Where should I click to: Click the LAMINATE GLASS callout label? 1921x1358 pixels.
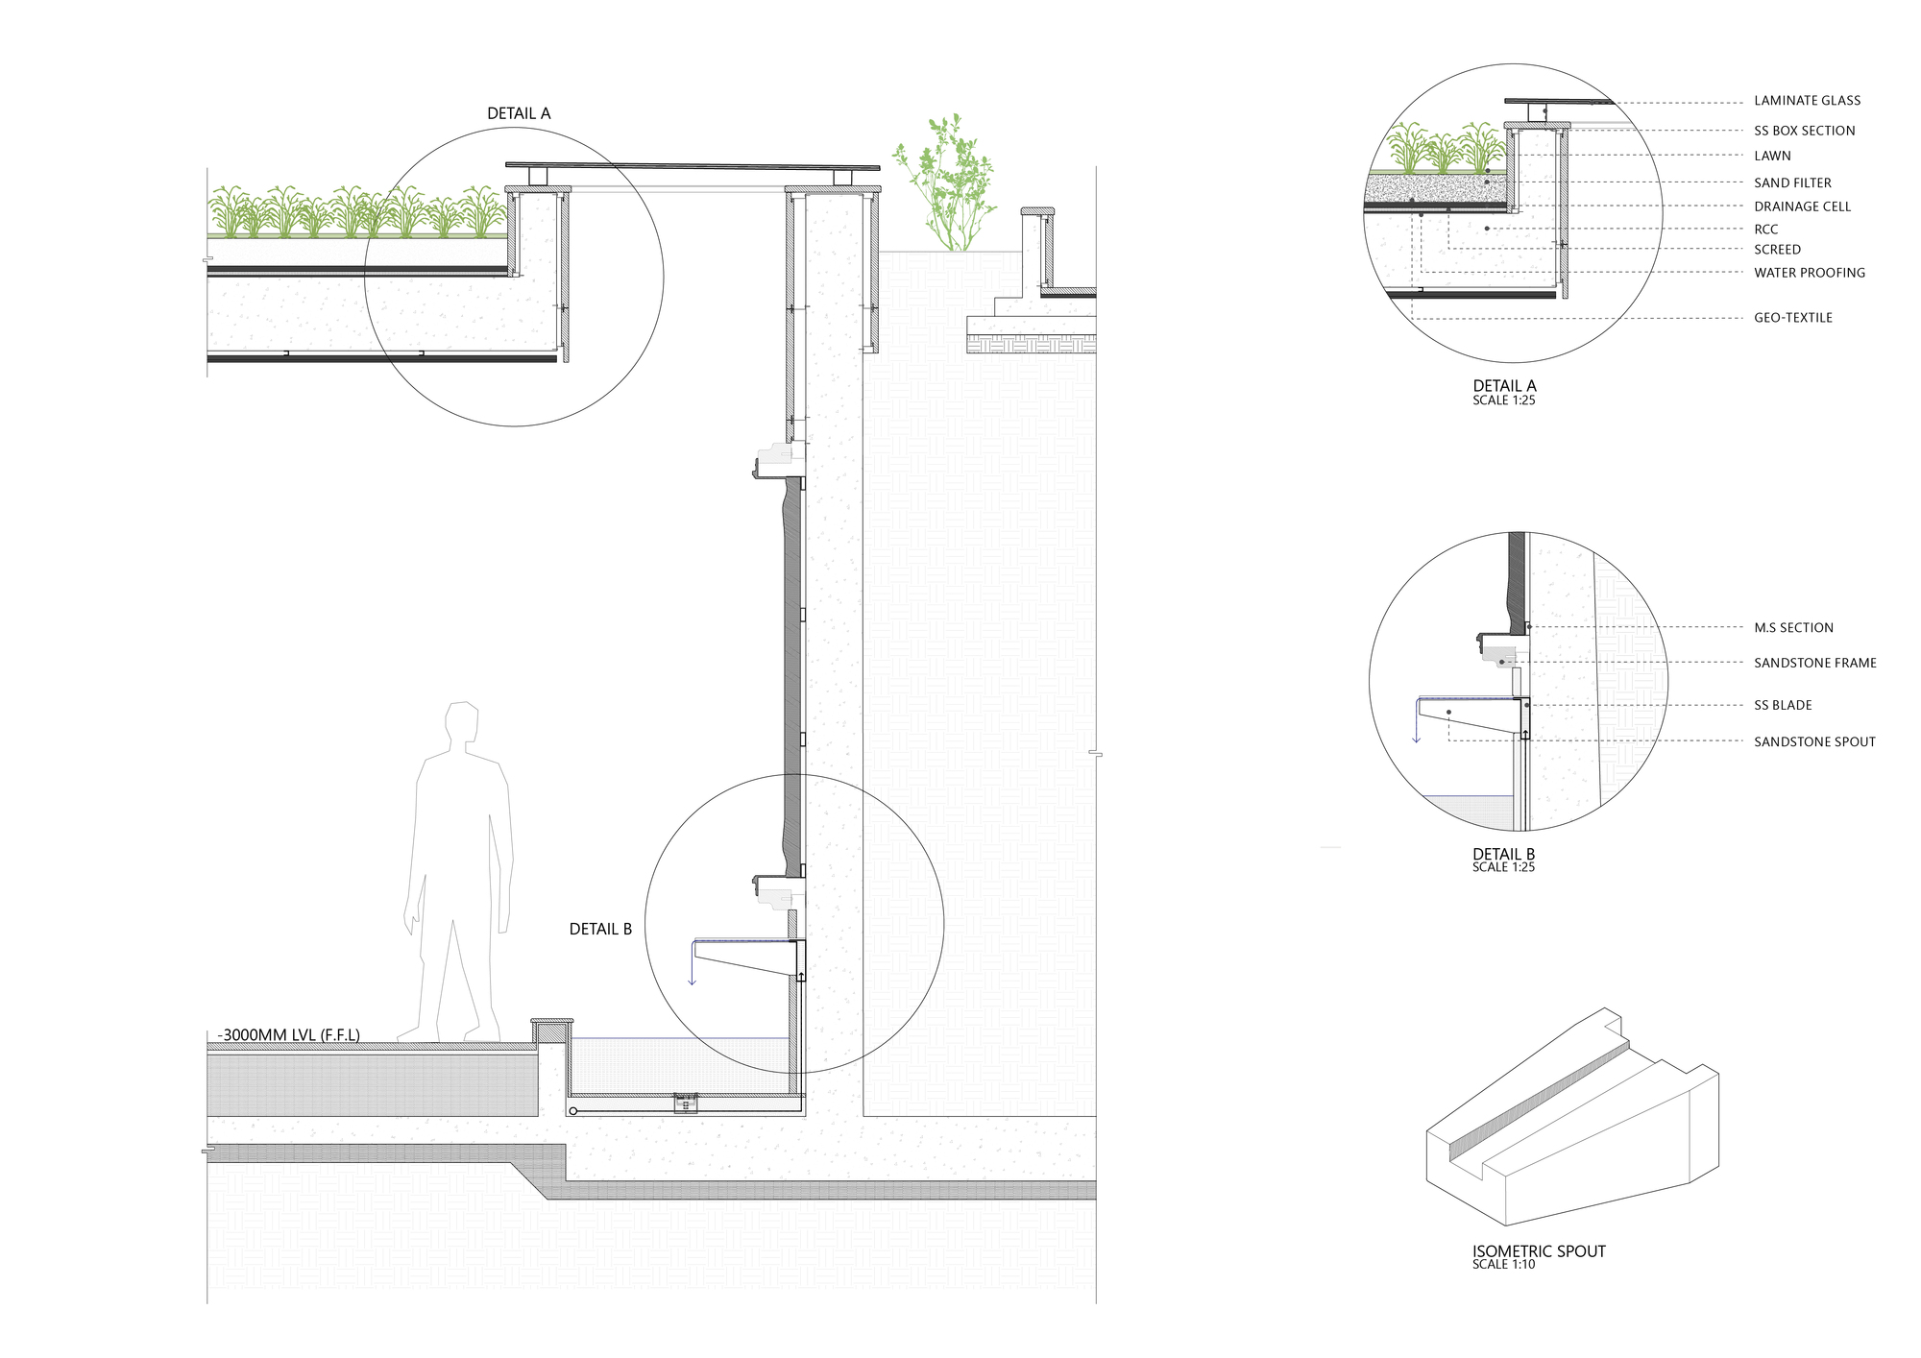point(1807,101)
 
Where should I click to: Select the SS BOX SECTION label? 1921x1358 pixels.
point(1804,131)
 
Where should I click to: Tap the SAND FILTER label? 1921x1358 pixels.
point(1792,182)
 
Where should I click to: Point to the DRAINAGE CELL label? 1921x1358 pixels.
point(1802,206)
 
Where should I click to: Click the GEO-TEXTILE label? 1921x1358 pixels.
point(1792,318)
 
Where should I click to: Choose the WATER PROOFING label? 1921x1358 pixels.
point(1809,273)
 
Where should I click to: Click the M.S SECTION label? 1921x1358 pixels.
point(1793,628)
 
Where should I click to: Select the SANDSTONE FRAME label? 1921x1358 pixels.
point(1814,663)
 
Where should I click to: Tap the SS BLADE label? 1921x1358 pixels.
point(1783,705)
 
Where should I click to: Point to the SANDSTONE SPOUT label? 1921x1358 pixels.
point(1814,741)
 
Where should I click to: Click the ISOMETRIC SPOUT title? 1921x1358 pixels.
point(1539,1250)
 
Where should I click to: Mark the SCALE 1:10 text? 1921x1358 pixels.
point(1503,1265)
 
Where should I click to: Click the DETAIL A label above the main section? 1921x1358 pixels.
point(519,113)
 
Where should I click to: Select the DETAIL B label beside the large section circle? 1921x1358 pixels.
point(600,929)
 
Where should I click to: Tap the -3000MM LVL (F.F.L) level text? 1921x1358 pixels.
point(289,1035)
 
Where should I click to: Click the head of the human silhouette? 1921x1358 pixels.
point(462,722)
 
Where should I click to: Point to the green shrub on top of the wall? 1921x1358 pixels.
point(946,182)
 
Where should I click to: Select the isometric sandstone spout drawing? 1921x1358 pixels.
point(1570,1119)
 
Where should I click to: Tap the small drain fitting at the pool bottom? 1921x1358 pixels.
point(685,1103)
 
